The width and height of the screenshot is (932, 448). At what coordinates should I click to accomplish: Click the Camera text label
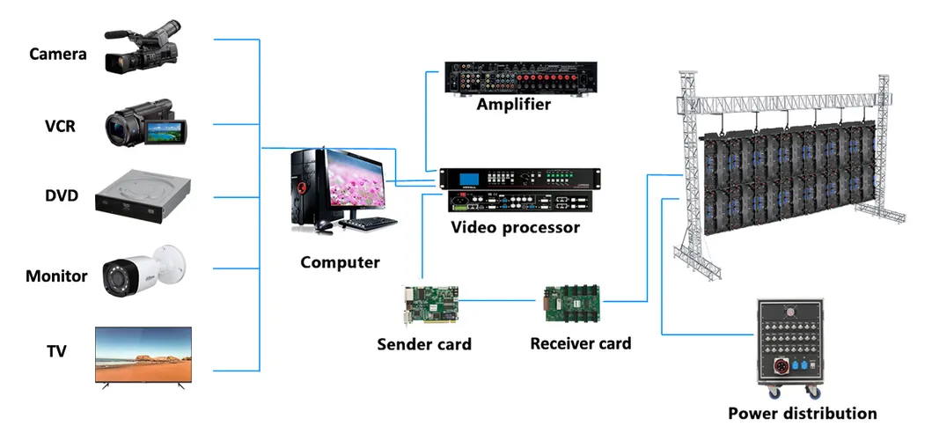[58, 55]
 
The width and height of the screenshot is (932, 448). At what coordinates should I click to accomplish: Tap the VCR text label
[61, 126]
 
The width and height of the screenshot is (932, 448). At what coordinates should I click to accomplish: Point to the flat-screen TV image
[143, 355]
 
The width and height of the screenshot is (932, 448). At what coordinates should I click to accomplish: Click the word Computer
[340, 262]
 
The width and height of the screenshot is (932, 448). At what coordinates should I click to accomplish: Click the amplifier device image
[521, 78]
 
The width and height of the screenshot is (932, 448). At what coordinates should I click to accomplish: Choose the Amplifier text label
[514, 105]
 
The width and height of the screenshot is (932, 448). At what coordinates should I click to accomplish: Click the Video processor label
[516, 228]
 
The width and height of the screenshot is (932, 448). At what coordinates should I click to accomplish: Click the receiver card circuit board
[571, 303]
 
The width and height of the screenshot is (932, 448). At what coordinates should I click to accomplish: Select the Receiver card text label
[580, 343]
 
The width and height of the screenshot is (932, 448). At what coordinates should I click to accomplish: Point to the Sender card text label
[424, 344]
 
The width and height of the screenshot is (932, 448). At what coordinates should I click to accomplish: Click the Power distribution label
[802, 413]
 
